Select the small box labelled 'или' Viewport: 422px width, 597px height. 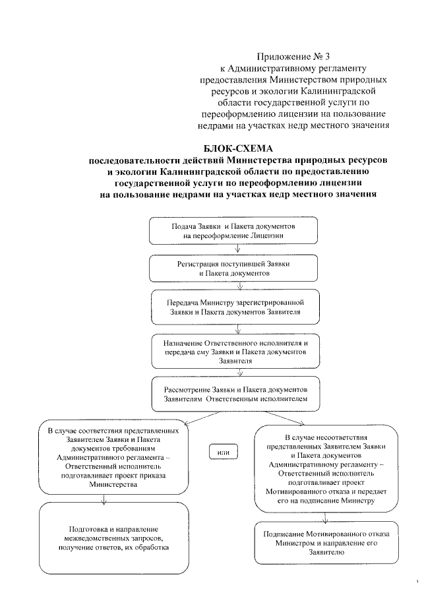click(x=223, y=451)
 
